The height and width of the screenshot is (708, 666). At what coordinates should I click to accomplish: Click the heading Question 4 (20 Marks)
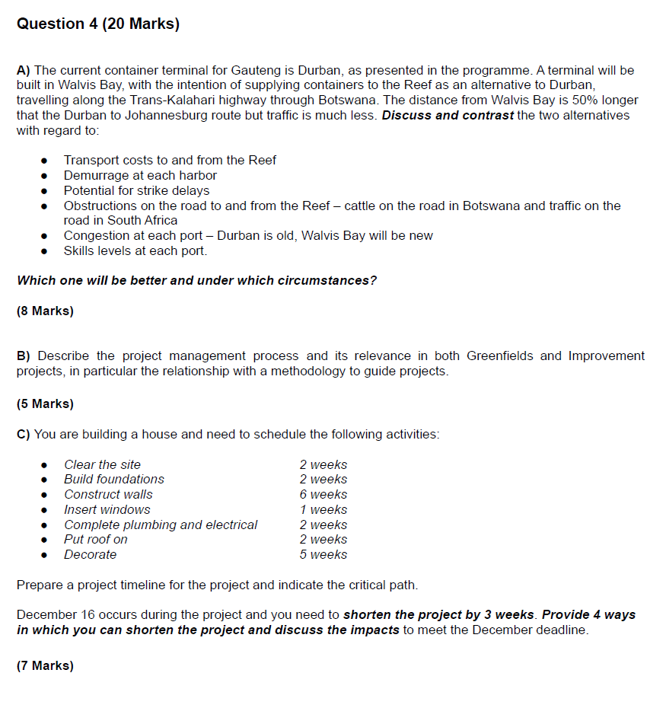(x=98, y=24)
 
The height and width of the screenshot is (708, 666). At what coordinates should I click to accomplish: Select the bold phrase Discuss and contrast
(x=448, y=116)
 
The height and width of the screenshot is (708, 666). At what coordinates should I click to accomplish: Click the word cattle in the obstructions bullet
(x=368, y=206)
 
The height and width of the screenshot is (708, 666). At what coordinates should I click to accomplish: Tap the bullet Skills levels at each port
(x=135, y=250)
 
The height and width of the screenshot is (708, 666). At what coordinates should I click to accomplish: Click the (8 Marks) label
(x=45, y=311)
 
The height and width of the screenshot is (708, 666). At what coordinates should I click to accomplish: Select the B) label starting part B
(x=24, y=356)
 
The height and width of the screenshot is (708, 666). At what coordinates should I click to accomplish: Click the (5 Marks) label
(x=45, y=403)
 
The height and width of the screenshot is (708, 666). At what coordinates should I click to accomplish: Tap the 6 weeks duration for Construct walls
(x=323, y=494)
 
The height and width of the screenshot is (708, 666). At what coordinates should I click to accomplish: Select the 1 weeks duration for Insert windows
(x=323, y=509)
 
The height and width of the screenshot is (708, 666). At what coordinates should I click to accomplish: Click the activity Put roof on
(x=96, y=539)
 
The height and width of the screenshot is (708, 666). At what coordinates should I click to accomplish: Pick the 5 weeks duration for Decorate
(x=323, y=554)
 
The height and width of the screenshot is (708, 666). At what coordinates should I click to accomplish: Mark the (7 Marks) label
(x=45, y=665)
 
